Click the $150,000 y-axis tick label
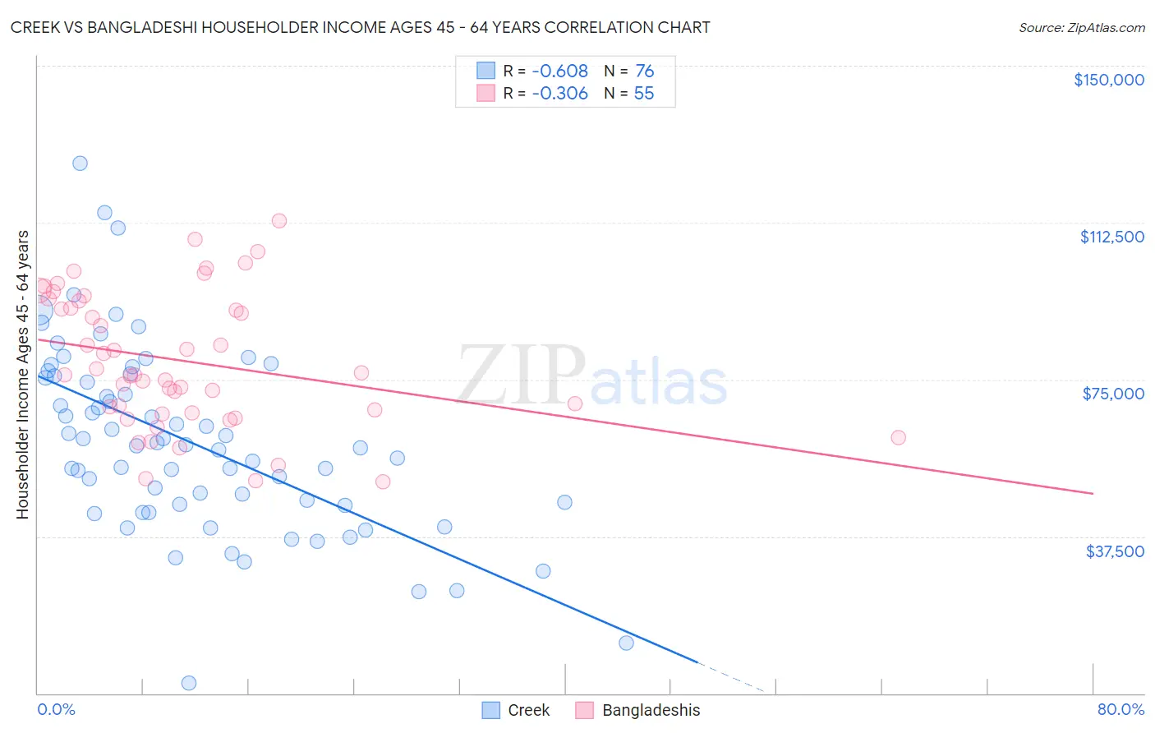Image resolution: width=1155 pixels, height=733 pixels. click(x=1108, y=80)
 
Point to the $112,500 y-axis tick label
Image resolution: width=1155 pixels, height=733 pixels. click(x=1111, y=237)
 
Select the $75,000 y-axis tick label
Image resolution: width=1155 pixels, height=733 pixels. click(x=1113, y=394)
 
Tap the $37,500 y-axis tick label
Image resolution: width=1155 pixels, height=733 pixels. click(x=1115, y=551)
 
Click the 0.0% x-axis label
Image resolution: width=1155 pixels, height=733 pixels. click(x=56, y=709)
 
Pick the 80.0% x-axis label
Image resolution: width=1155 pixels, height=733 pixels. click(x=1120, y=709)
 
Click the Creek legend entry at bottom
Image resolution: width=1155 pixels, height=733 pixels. click(x=528, y=710)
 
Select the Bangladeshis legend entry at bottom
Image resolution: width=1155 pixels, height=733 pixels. click(x=651, y=710)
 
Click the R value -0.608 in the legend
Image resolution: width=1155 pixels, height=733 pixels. click(x=559, y=71)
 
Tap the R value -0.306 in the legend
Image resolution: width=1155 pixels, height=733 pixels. click(x=559, y=94)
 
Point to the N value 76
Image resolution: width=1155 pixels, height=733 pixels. click(x=644, y=71)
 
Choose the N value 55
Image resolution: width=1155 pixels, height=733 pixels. click(x=644, y=94)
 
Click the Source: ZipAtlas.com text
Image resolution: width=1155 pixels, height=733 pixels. click(x=1081, y=28)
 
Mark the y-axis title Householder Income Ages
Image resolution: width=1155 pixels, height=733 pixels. click(x=22, y=374)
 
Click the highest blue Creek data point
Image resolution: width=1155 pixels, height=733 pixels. click(x=80, y=163)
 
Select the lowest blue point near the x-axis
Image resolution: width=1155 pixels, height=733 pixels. click(x=188, y=683)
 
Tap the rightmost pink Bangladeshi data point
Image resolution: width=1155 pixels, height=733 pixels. click(x=898, y=437)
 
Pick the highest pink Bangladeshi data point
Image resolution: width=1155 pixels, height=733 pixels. click(x=278, y=220)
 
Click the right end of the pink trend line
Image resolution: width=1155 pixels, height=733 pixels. click(x=1093, y=493)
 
